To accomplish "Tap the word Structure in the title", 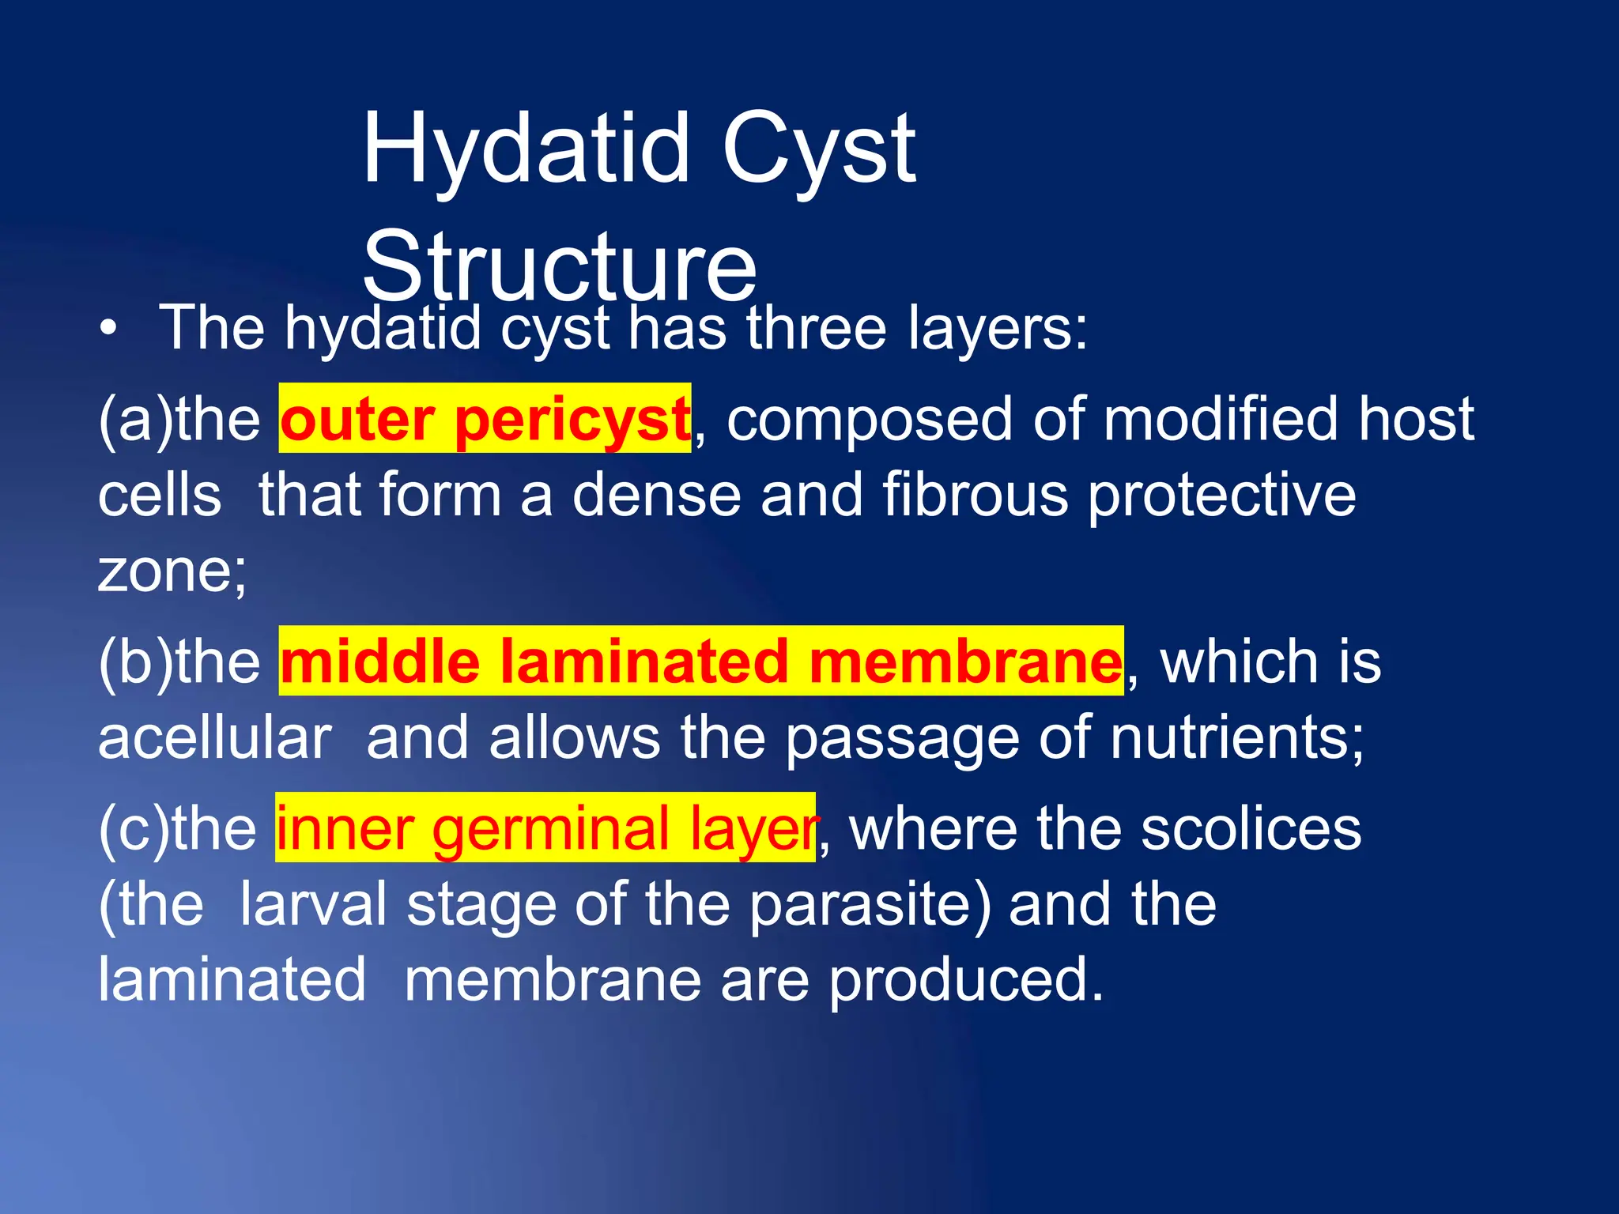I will click(560, 267).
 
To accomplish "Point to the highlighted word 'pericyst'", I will click(572, 420).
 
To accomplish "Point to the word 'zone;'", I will click(172, 571).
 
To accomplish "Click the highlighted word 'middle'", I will click(380, 662).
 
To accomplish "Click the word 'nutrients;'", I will click(1236, 738).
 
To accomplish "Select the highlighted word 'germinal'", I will click(551, 829).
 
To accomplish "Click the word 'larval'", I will click(313, 905).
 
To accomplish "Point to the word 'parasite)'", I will click(870, 905).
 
